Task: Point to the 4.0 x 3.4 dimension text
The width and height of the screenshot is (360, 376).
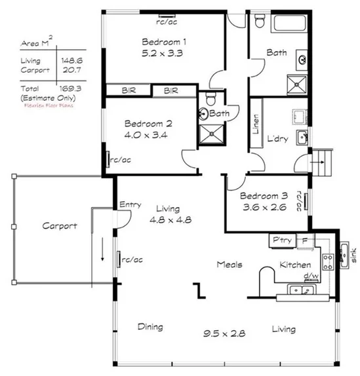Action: point(148,136)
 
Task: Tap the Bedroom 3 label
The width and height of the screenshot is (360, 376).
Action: point(263,196)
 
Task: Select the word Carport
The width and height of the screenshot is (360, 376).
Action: point(60,226)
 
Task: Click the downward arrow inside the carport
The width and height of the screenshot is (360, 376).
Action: point(102,250)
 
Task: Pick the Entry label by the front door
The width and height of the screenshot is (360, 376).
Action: point(130,205)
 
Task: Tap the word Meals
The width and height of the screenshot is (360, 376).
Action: point(230,265)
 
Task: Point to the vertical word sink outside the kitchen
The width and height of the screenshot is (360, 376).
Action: point(353,255)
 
